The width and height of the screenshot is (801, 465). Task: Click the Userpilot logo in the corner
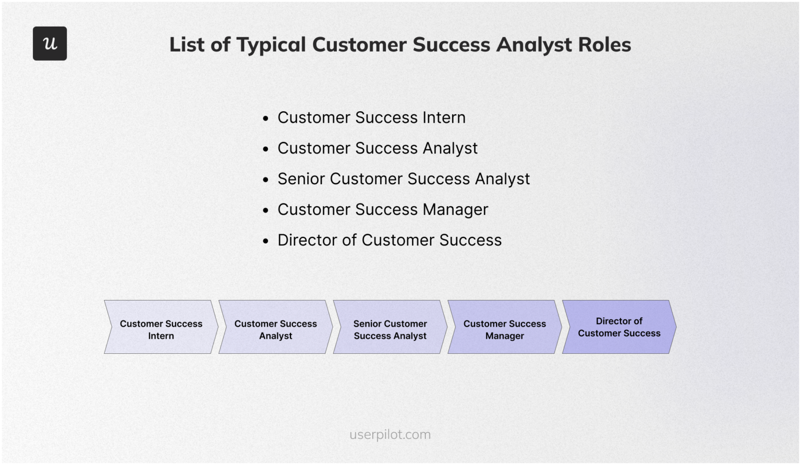50,43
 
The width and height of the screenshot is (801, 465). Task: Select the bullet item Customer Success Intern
371,118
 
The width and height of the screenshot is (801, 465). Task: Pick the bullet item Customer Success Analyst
377,148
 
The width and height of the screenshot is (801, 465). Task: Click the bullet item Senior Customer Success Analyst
403,179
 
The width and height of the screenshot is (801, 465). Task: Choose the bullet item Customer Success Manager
382,210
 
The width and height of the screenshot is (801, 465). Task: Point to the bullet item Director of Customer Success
389,240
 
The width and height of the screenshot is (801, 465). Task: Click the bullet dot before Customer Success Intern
266,119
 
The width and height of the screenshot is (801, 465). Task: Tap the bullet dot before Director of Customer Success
266,241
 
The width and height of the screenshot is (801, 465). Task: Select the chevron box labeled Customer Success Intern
161,327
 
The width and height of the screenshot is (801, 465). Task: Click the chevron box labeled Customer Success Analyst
275,327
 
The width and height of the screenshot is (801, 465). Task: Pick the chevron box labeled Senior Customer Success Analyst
390,327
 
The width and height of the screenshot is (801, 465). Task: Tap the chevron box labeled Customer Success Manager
504,327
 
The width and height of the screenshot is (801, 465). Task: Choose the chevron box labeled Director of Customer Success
619,327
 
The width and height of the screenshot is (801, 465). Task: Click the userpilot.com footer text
390,434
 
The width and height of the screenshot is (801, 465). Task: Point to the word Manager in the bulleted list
455,210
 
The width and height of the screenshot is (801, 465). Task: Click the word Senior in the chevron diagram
368,324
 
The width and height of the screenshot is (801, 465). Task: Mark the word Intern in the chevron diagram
161,336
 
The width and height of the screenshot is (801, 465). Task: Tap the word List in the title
187,45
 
